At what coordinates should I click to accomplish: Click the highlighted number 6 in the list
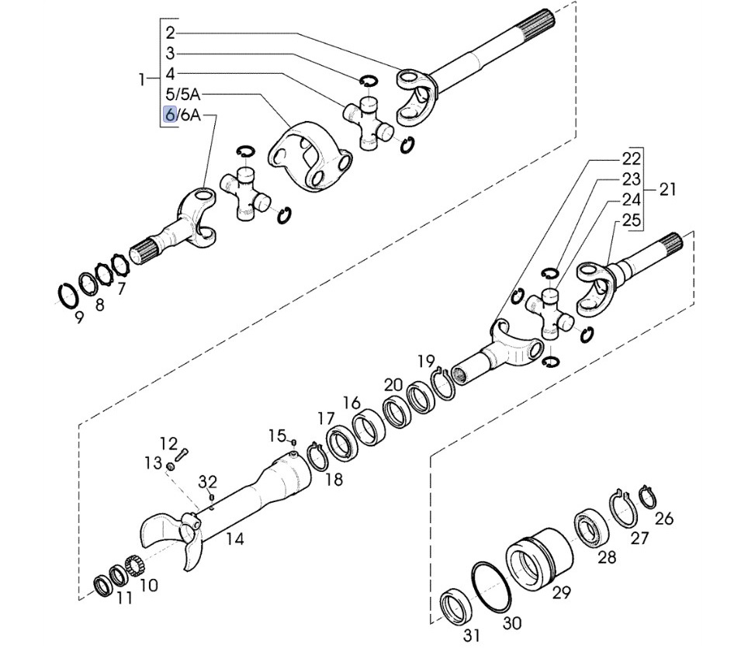click(x=170, y=115)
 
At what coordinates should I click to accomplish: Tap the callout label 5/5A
click(x=183, y=95)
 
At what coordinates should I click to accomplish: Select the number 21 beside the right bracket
click(x=668, y=189)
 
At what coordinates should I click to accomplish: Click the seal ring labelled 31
click(x=455, y=608)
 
